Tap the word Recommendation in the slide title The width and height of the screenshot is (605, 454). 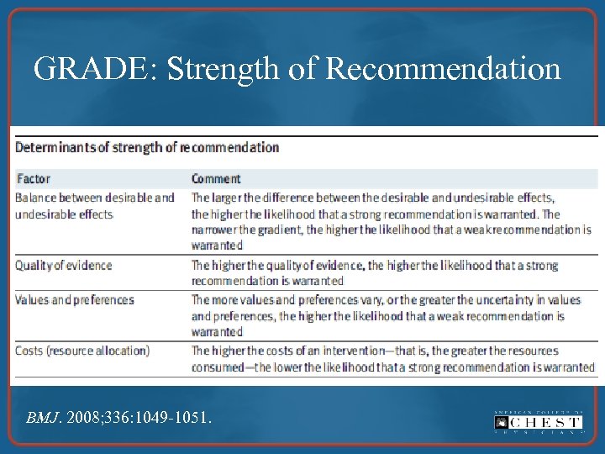coord(443,69)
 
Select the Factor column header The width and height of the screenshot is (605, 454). coord(33,178)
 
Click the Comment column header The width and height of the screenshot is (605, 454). coord(216,178)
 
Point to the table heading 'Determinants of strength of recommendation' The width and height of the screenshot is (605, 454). coord(147,147)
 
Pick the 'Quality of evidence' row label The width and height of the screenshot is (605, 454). coord(63,266)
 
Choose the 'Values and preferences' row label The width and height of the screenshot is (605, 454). coord(75,300)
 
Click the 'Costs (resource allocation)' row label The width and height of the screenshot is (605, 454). coord(82,351)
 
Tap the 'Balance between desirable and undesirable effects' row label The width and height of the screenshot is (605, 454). coord(94,206)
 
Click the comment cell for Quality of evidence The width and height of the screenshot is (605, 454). coord(374,273)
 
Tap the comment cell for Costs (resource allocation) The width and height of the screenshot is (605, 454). coord(392,359)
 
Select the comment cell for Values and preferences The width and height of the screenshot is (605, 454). coord(385,316)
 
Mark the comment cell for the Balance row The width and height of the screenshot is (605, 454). coord(391,221)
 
